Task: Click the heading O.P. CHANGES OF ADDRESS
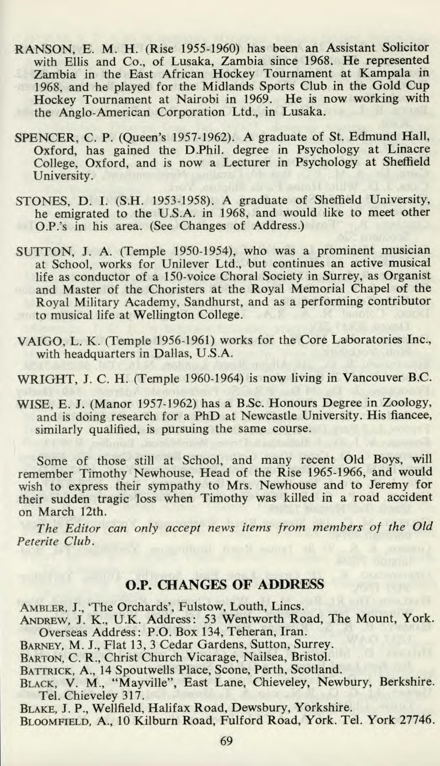[x=224, y=585]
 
